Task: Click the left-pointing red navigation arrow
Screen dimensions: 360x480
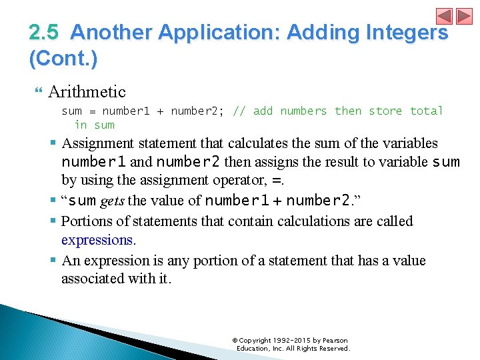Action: point(444,16)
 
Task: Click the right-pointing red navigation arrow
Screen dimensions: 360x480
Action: point(463,16)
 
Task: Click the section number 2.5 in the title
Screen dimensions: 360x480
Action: point(45,32)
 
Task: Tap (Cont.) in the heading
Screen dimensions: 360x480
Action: point(63,59)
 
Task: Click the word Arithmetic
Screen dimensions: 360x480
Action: point(87,91)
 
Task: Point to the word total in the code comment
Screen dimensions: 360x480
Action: point(427,111)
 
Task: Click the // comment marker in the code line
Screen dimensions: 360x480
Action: point(239,111)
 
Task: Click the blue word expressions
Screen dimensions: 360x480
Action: point(97,240)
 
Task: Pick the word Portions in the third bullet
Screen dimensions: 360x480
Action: point(83,221)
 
